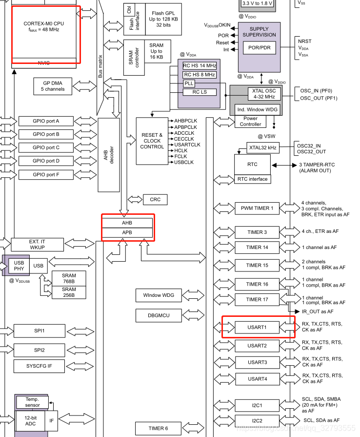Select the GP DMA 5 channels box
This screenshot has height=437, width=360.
pos(52,86)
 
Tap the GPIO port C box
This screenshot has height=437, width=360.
pos(46,147)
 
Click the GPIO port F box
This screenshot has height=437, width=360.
pos(46,174)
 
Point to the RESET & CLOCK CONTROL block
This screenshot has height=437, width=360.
pos(151,141)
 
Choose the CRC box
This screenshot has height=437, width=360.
pos(155,199)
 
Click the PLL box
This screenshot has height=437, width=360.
pos(189,83)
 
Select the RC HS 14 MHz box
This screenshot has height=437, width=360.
pos(199,65)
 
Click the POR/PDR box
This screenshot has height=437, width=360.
pos(260,48)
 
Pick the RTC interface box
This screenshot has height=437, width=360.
pos(252,179)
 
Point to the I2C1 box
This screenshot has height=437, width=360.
pos(257,405)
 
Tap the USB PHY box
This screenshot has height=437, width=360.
pos(16,266)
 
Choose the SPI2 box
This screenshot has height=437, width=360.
pos(39,350)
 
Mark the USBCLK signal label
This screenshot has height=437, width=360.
pos(184,162)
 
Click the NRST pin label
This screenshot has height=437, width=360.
pos(304,42)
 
